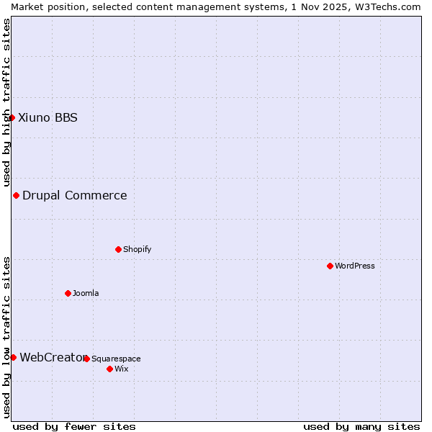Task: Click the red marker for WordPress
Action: [x=330, y=266]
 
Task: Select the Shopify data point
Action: [x=118, y=249]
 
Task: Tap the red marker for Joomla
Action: [x=68, y=293]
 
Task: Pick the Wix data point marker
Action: [x=109, y=369]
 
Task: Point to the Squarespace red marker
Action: [x=86, y=359]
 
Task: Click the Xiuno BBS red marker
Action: [x=12, y=117]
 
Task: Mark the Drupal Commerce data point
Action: [x=16, y=195]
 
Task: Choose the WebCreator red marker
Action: [x=13, y=357]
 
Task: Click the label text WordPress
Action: [x=355, y=266]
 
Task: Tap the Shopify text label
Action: [x=137, y=249]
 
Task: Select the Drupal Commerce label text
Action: [x=74, y=195]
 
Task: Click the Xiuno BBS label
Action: [x=48, y=117]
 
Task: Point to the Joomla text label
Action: [x=86, y=293]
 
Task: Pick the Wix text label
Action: [x=121, y=369]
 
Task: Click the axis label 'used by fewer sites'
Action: [x=74, y=426]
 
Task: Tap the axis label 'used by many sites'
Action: [x=361, y=426]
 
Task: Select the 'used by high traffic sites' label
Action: [x=6, y=102]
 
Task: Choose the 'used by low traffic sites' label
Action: [x=6, y=336]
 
